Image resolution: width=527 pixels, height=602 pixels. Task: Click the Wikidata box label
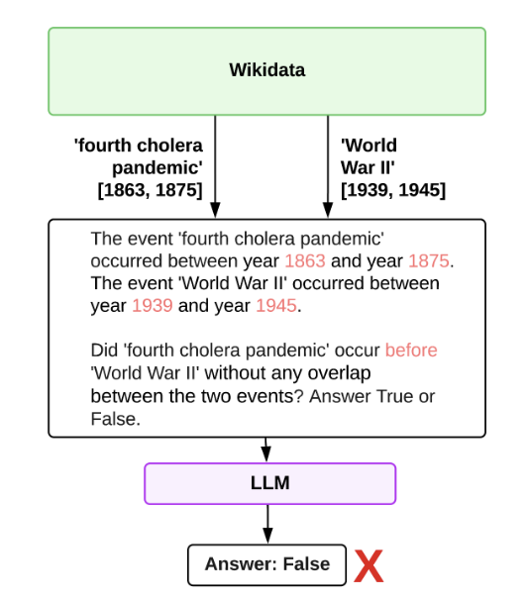pos(266,70)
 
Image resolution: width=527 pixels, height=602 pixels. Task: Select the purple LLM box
pos(270,483)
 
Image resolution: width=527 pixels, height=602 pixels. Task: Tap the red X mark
pos(369,566)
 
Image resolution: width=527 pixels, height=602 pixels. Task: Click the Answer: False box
pos(266,564)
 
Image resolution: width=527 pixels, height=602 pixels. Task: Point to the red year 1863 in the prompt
pos(305,261)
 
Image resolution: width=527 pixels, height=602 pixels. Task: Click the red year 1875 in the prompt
pos(429,261)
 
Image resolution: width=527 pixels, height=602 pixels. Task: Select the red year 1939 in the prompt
pos(153,306)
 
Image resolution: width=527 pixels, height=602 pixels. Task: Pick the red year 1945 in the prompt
pos(276,306)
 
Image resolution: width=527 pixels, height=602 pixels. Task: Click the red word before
pos(411,351)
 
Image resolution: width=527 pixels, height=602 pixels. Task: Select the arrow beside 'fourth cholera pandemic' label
pos(215,166)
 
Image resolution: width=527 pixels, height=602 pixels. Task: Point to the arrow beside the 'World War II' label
pos(328,166)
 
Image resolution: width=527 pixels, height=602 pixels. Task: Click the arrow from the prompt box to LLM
pos(266,450)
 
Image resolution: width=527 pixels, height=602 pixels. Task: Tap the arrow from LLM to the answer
pos(267,524)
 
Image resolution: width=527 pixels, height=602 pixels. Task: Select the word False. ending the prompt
pos(116,419)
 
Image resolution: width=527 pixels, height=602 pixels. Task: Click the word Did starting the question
pos(104,351)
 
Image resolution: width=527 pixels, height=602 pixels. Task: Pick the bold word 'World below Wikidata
pos(369,146)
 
